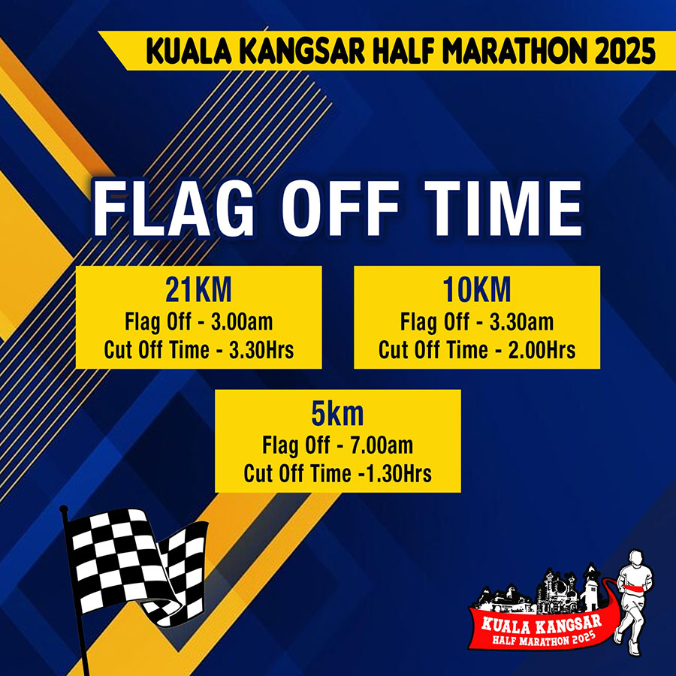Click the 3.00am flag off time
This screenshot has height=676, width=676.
click(x=242, y=321)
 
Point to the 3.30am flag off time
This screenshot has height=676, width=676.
click(x=522, y=321)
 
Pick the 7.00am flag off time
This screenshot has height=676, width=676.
click(x=382, y=445)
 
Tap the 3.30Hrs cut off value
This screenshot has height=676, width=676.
click(x=261, y=349)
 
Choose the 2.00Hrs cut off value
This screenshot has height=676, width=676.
click(x=542, y=349)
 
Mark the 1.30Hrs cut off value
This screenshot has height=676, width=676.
click(x=398, y=473)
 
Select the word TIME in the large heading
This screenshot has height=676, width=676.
click(x=503, y=208)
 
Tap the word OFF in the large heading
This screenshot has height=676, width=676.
click(x=340, y=208)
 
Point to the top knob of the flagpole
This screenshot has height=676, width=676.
click(x=64, y=509)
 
